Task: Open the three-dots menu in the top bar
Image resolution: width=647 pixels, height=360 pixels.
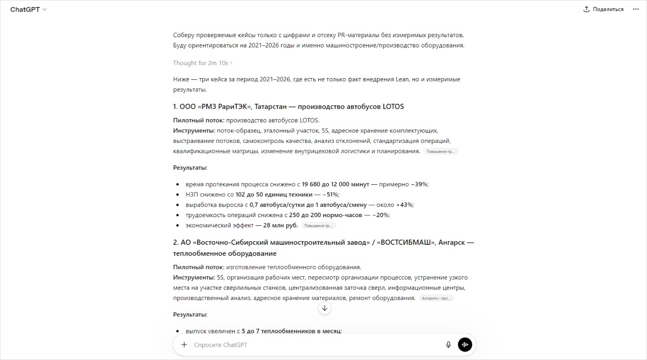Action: point(636,9)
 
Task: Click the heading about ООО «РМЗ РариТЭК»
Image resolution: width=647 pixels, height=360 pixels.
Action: point(288,107)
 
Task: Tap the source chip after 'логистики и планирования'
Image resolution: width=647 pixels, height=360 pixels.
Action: point(440,152)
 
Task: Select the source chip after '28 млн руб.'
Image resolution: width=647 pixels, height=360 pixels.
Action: point(318,226)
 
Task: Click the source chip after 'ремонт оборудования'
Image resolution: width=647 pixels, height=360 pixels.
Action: point(436,298)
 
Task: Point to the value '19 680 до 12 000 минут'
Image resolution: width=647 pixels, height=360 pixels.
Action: point(335,184)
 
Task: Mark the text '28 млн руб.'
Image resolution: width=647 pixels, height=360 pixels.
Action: point(280,225)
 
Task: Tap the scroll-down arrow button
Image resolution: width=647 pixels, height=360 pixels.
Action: point(324,308)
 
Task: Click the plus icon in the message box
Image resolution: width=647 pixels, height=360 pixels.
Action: point(184,345)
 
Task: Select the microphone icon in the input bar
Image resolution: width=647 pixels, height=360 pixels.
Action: point(449,345)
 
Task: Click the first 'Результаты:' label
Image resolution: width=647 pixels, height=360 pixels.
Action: point(190,168)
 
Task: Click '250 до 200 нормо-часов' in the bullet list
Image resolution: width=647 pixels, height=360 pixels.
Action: point(325,215)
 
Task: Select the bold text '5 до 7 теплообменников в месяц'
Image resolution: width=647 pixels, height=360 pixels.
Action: point(291,331)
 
